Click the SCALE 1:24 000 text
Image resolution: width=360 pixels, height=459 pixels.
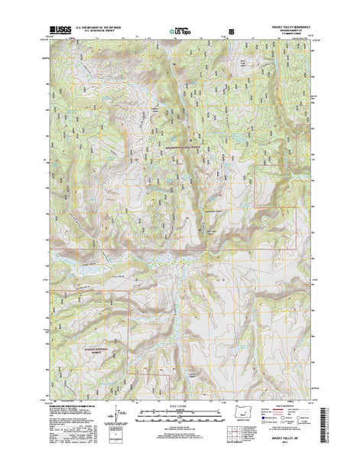coord(180,408)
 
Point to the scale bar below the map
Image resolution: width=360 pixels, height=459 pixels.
coord(180,418)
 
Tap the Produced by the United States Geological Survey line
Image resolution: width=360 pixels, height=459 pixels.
coord(69,408)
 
